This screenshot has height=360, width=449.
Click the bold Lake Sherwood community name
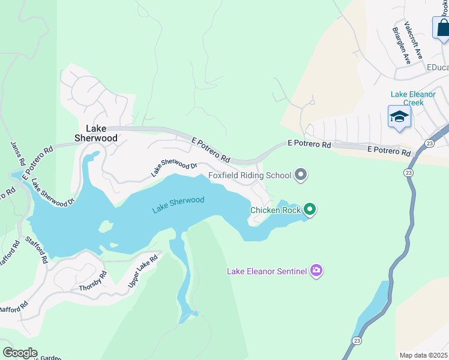point(95,133)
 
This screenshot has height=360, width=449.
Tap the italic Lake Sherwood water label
point(178,205)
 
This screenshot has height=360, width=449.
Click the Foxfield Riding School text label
point(250,176)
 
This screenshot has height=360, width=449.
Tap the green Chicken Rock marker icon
point(310,209)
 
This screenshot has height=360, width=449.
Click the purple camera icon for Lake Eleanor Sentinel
point(316,271)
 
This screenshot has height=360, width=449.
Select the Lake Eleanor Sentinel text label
point(267,271)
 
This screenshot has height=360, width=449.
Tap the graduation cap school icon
point(399,116)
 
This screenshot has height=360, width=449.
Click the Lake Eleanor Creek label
point(408,98)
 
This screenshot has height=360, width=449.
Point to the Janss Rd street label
point(18,154)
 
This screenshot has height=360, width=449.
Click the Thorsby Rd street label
point(93,281)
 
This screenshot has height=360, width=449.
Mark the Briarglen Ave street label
point(401,46)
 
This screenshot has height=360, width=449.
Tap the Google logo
point(20,353)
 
